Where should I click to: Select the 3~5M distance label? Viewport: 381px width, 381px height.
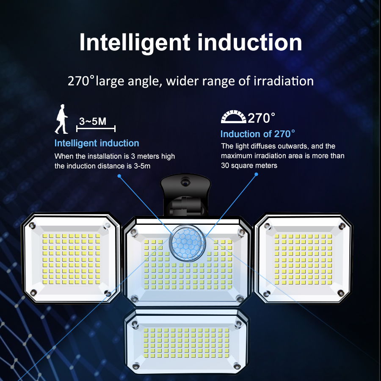pyautogui.click(x=93, y=121)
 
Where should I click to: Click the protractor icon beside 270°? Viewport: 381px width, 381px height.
pyautogui.click(x=233, y=117)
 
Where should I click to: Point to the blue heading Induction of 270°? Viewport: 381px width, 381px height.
pyautogui.click(x=257, y=134)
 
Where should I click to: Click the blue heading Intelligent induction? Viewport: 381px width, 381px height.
pyautogui.click(x=97, y=143)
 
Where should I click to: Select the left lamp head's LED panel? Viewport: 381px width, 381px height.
pyautogui.click(x=71, y=258)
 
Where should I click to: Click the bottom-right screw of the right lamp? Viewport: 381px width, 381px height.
pyautogui.click(x=340, y=293)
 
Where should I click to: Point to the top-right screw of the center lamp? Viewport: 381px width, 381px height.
pyautogui.click(x=240, y=232)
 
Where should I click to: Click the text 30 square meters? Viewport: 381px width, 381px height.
pyautogui.click(x=249, y=166)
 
